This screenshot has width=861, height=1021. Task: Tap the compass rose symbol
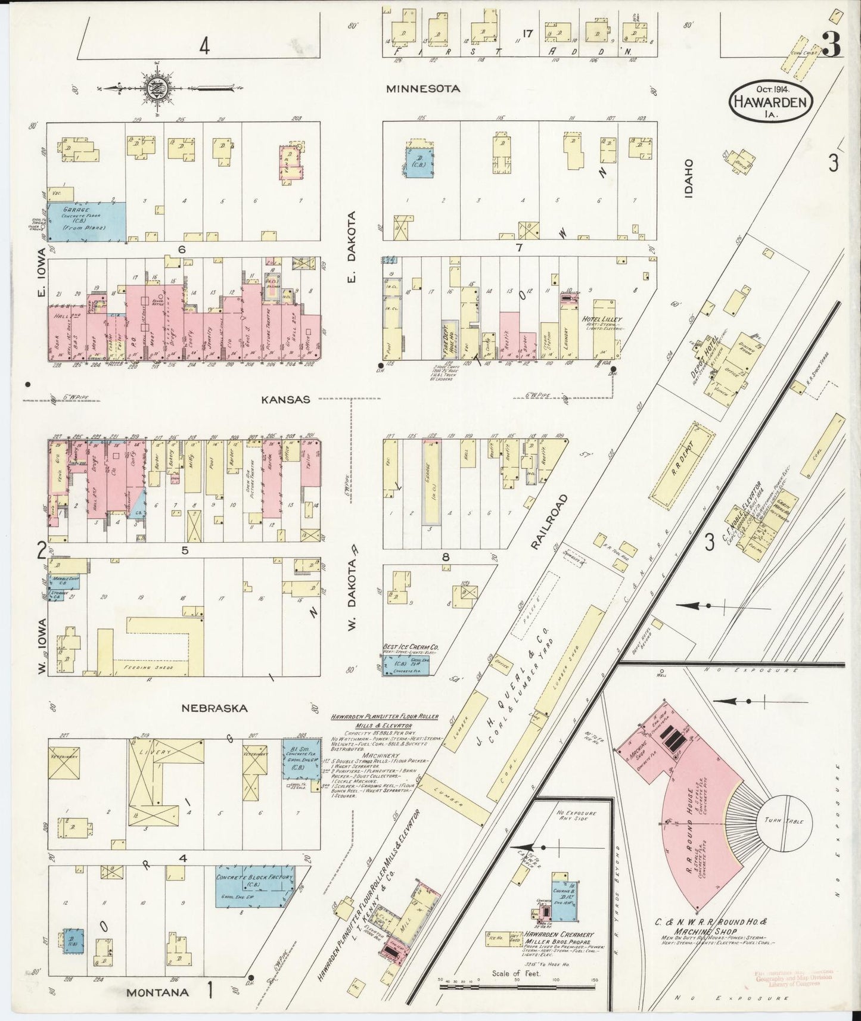point(157,89)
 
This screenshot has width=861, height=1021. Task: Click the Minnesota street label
point(423,89)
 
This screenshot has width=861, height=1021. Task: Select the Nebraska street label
point(215,708)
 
